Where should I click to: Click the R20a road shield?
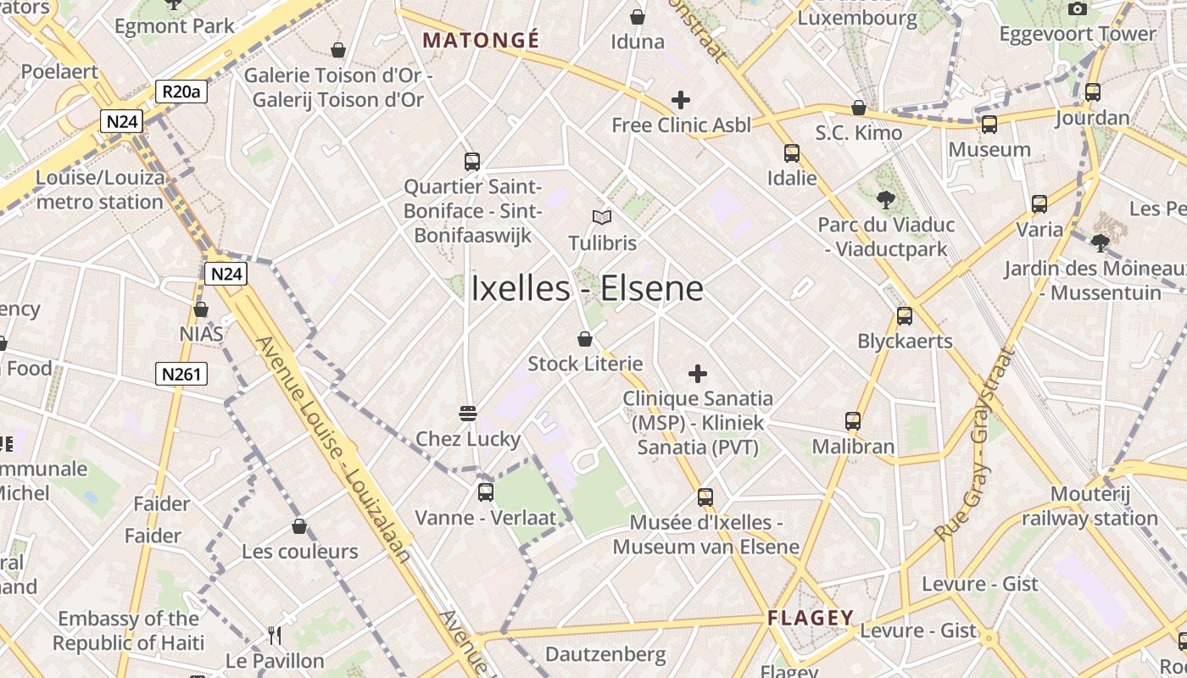(x=181, y=92)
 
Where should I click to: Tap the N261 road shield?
(x=181, y=374)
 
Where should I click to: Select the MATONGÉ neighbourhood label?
(x=481, y=40)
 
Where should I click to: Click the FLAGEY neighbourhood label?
(x=811, y=618)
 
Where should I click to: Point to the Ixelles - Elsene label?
(x=587, y=289)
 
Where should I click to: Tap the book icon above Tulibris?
(x=602, y=218)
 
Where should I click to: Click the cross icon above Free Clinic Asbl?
(x=680, y=101)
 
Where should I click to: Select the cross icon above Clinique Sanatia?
(x=698, y=374)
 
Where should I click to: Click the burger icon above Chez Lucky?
(x=468, y=414)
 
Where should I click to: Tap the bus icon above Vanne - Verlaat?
(x=486, y=492)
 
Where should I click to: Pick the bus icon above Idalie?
(x=792, y=153)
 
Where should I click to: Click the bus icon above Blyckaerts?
(x=905, y=316)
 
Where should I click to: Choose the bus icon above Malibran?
(x=853, y=421)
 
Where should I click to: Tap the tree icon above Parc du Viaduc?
(x=886, y=200)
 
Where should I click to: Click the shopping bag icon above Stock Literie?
(x=585, y=340)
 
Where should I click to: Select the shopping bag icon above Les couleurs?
(x=299, y=527)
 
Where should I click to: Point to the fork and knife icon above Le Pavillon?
(x=274, y=636)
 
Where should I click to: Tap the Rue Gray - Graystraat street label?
(x=974, y=446)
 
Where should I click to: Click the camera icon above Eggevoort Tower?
(x=1078, y=9)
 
